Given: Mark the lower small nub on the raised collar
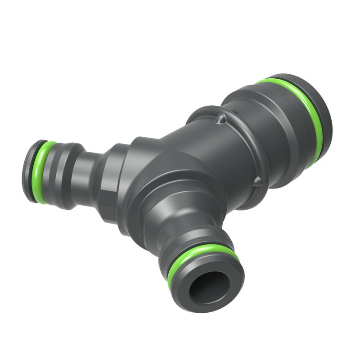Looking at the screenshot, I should pyautogui.click(x=257, y=182).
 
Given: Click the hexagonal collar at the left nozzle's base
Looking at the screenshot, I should pyautogui.click(x=110, y=180).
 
